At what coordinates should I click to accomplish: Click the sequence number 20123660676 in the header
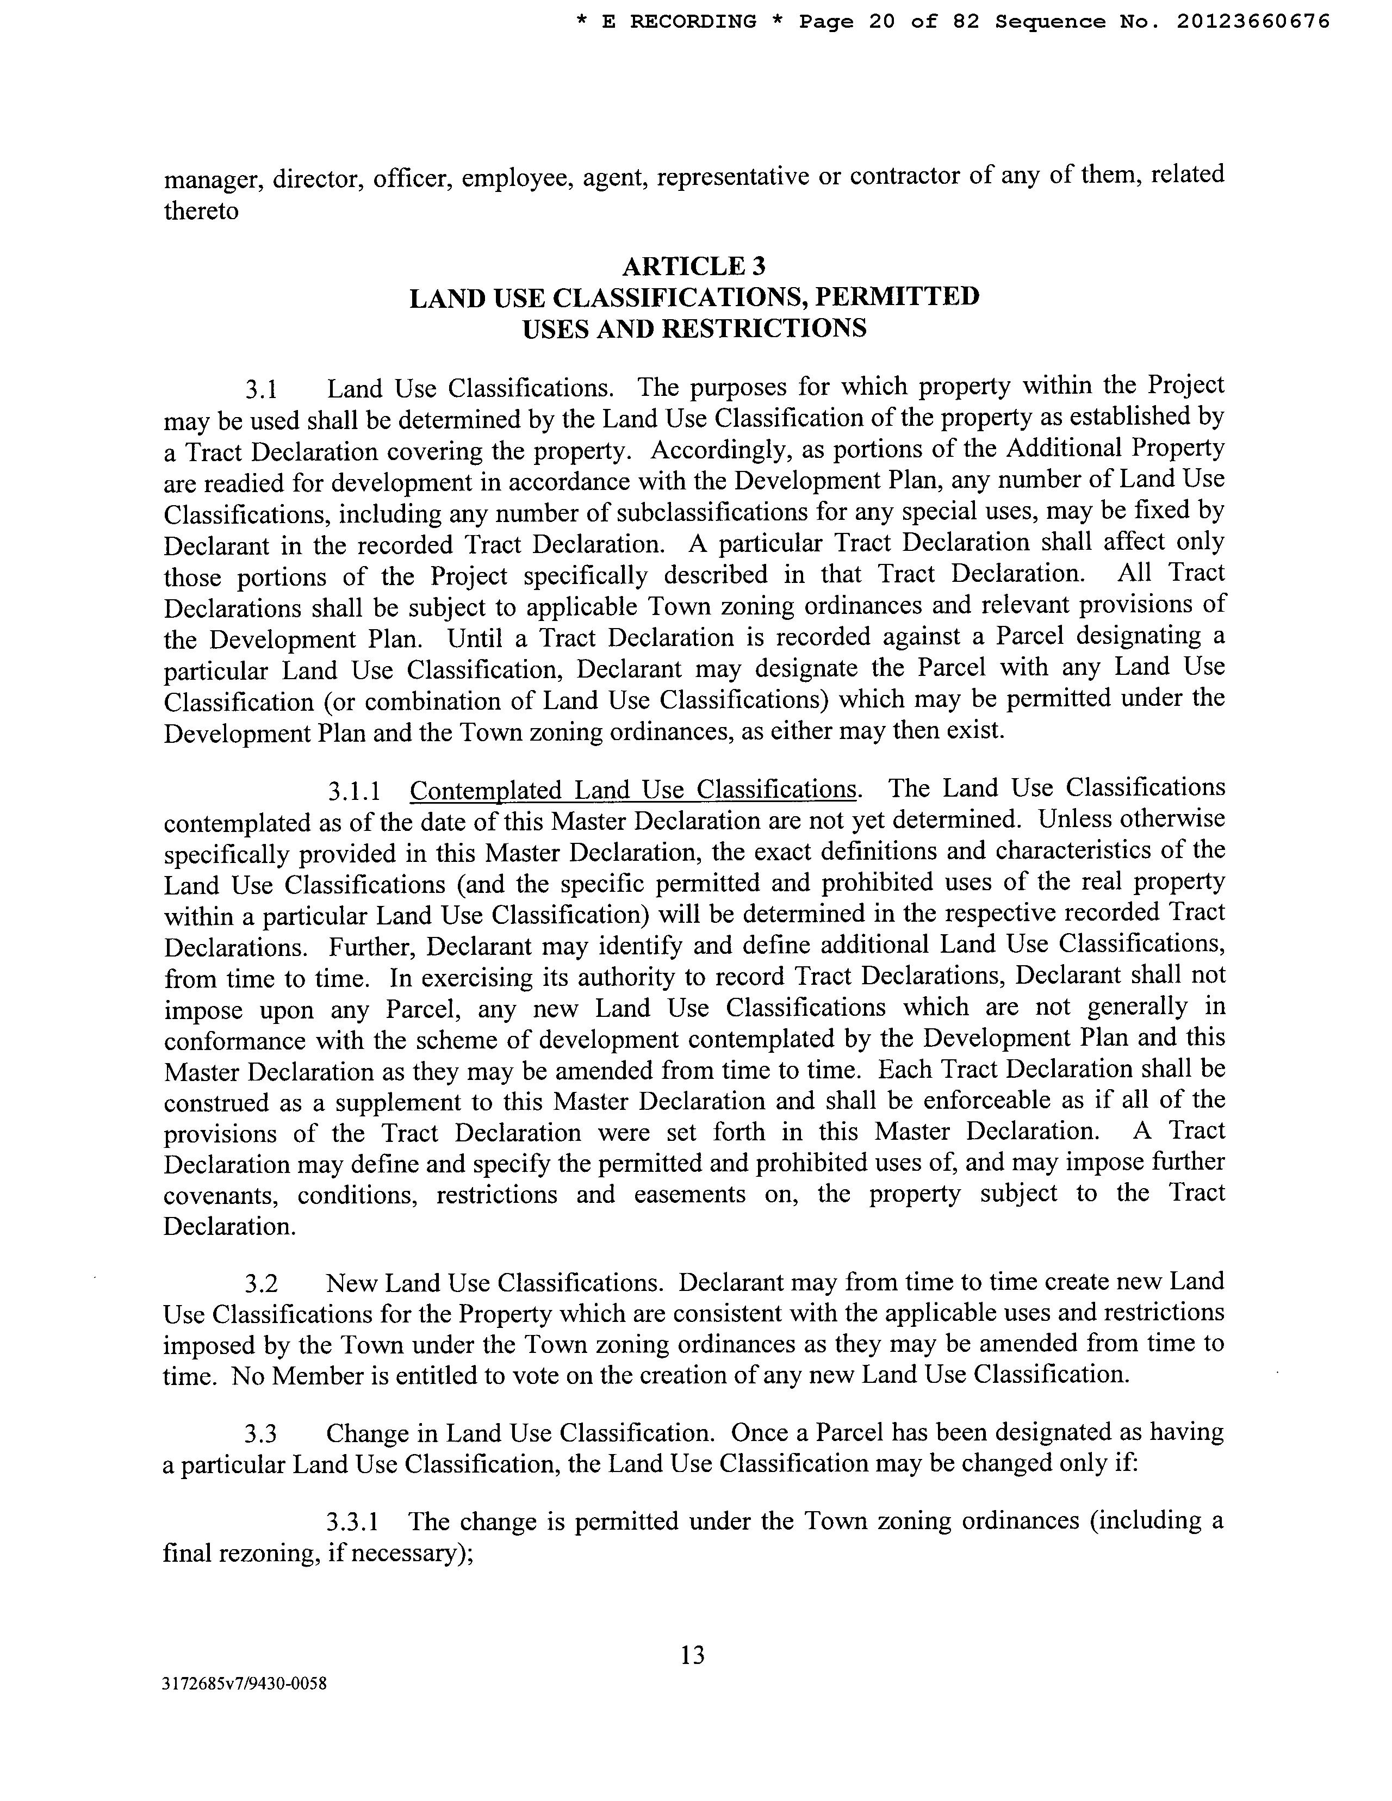point(1253,21)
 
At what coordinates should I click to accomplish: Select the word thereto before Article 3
point(201,211)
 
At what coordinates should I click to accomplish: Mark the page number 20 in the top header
point(881,21)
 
